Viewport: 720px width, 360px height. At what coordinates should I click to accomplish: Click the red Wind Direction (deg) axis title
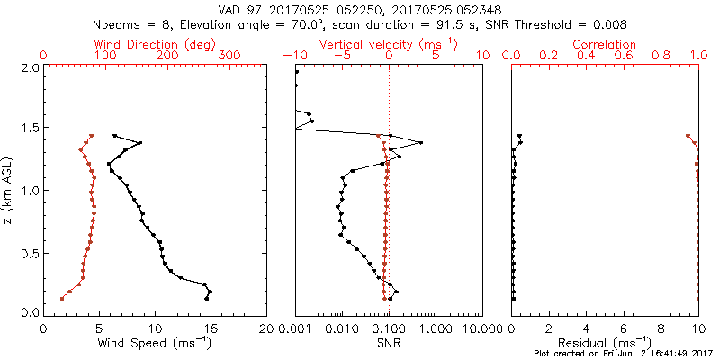(x=156, y=43)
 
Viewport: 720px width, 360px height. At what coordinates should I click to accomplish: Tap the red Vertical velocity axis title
(x=388, y=43)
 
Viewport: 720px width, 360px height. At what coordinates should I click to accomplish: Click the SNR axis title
(x=389, y=344)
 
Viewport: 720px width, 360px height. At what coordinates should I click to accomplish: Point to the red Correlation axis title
(x=605, y=43)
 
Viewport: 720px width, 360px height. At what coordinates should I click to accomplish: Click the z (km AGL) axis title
(x=8, y=190)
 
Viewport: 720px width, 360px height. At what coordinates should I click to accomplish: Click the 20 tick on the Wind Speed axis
(x=266, y=328)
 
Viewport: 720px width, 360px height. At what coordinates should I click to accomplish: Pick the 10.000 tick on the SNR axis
(x=482, y=328)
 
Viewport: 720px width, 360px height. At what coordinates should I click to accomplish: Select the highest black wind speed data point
(x=114, y=136)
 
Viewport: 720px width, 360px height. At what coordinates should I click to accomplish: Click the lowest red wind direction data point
(x=62, y=298)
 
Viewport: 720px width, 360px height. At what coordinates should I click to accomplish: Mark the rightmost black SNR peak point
(x=421, y=143)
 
